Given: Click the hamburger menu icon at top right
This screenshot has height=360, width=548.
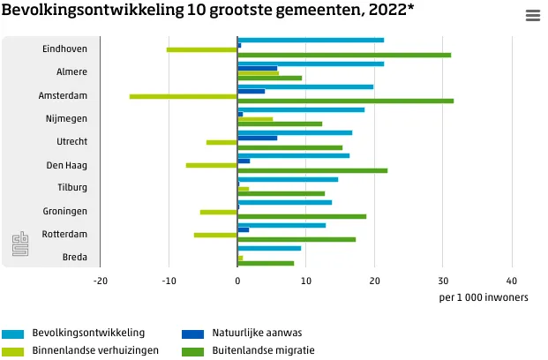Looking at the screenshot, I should click(532, 16).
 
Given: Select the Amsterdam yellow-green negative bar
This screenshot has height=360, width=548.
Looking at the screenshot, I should click(184, 95).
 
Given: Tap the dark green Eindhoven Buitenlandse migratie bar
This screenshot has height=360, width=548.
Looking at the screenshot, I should click(344, 55).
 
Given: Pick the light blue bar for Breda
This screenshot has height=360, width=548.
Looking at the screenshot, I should click(269, 248).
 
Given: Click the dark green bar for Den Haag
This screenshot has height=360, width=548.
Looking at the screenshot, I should click(312, 170).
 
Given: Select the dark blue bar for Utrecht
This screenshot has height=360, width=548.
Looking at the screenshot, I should click(258, 138).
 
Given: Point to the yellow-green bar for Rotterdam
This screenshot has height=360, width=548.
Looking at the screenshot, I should click(215, 235).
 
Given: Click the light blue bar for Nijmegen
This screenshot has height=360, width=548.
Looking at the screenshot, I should click(301, 109).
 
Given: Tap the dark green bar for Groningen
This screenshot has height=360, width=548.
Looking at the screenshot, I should click(302, 216).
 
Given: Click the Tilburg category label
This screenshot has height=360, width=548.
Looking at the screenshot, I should click(72, 188).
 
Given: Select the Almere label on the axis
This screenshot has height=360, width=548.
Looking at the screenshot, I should click(71, 72).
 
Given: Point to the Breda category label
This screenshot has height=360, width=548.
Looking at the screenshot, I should click(74, 257).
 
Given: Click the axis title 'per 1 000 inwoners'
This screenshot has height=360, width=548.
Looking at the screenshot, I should click(483, 297).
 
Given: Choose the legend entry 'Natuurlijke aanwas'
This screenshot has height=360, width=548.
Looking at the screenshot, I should click(256, 334).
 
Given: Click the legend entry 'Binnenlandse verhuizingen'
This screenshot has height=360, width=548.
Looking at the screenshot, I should click(87, 350).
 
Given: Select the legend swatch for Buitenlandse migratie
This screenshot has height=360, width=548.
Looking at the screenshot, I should click(192, 350).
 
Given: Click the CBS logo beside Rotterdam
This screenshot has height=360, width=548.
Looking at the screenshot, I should click(20, 244).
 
